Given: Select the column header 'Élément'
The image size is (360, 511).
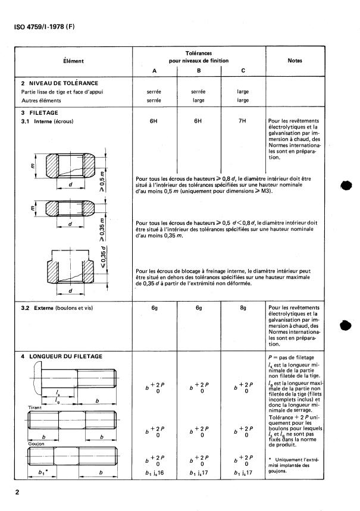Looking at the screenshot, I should coord(74,61).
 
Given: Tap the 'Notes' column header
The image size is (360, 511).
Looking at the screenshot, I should coord(295,61).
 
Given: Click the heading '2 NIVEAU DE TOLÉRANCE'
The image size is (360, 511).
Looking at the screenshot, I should coord(60,83).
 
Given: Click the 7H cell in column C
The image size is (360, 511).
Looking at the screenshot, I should coord(243,121).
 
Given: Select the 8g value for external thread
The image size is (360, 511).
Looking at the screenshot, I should coord(243,309).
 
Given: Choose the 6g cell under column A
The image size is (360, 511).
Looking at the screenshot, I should coord(154,309).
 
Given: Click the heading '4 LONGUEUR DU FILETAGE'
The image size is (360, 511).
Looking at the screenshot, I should coord(62,356).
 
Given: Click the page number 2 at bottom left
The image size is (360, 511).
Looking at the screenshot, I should coord(17,493).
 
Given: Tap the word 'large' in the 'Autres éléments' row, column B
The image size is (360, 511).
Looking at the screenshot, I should coord(198,101).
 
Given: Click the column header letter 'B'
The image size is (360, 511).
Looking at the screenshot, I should coord(199,70).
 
